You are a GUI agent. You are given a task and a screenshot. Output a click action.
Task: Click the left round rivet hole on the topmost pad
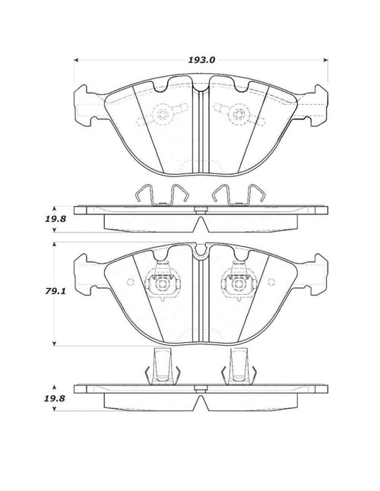point(163,116)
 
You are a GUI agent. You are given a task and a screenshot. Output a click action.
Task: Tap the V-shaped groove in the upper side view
point(200,225)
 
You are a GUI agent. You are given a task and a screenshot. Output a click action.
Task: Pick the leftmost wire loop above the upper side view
point(140,195)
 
